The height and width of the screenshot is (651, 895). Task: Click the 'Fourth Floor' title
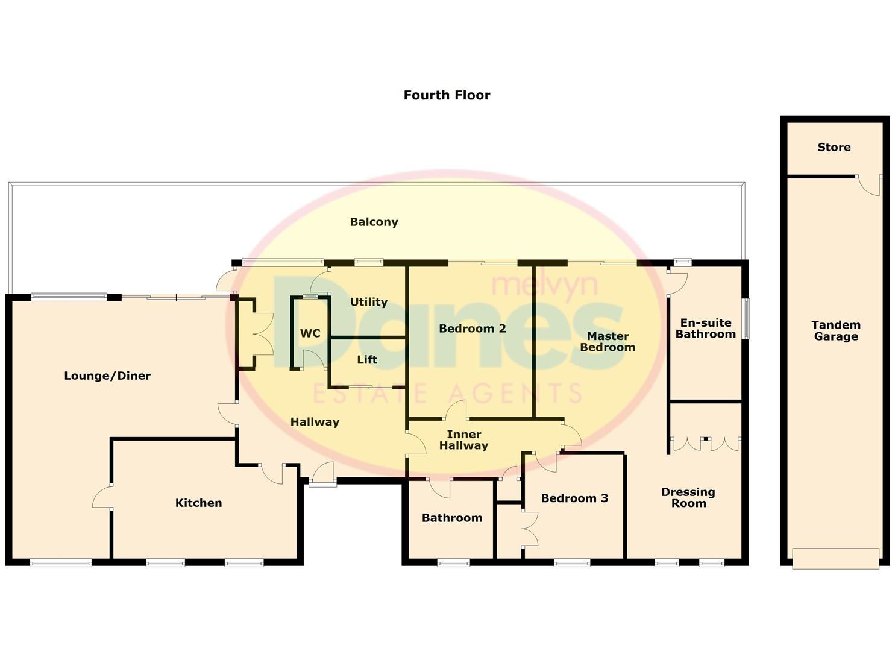tap(447, 95)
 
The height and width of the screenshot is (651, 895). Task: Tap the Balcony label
tap(374, 222)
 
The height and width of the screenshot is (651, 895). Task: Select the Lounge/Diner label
tap(107, 376)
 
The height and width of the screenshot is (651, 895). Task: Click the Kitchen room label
tap(198, 503)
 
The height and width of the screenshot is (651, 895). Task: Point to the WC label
tap(310, 333)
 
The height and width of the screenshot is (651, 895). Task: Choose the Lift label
tap(366, 360)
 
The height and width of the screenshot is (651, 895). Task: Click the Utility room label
tap(368, 302)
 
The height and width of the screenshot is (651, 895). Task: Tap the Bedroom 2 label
tap(472, 329)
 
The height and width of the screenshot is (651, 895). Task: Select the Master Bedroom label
tap(607, 342)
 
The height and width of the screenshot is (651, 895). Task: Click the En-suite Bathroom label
tap(705, 329)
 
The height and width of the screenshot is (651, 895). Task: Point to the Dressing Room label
tap(688, 498)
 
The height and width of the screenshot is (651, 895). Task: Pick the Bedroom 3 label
tap(574, 498)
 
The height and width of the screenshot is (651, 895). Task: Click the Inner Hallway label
tap(463, 440)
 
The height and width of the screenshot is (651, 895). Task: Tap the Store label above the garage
tap(834, 147)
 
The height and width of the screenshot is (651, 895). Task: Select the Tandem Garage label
tap(835, 331)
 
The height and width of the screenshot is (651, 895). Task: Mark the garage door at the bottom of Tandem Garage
tap(835, 558)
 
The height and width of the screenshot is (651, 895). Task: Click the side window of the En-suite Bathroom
tap(746, 318)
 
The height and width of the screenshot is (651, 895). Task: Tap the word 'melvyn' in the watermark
tap(545, 284)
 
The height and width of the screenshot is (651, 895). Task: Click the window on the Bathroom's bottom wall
tap(453, 563)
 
